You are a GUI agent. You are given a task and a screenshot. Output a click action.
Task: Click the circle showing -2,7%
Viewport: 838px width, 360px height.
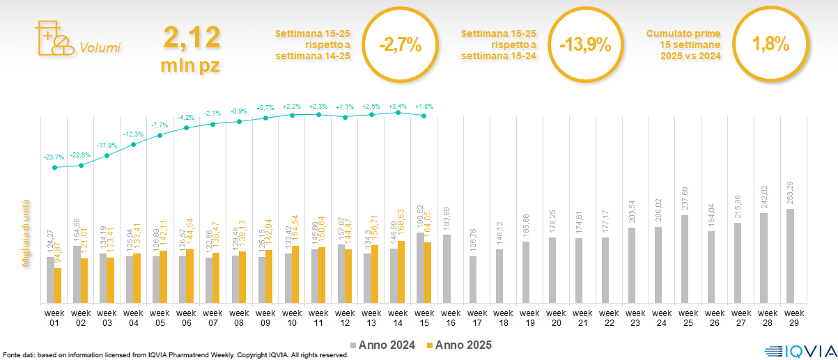point(400,45)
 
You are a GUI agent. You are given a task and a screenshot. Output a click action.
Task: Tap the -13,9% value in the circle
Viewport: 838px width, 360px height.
point(585,45)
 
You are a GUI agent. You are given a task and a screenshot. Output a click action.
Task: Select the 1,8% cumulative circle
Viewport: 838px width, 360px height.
point(770,45)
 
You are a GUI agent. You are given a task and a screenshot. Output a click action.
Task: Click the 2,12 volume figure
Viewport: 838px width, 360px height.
point(192,38)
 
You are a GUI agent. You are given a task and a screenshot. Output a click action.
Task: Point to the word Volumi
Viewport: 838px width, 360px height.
point(100,48)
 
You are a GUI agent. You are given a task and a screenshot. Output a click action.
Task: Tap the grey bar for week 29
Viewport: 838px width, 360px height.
point(790,256)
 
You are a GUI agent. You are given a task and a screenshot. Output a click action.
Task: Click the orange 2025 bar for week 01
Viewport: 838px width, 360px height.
point(58,285)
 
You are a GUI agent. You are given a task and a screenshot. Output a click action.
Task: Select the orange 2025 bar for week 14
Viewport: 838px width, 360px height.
point(401,272)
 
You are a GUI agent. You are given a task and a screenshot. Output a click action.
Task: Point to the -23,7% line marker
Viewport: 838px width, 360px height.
point(55,167)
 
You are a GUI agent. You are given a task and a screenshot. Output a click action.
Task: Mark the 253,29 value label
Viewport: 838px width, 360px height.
point(790,191)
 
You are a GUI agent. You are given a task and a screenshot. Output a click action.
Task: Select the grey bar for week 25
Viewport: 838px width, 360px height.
point(684,259)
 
